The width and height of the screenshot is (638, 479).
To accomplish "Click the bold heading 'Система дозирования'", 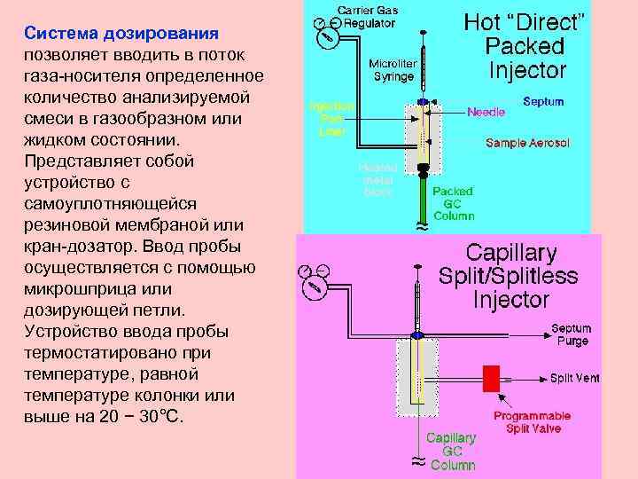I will coord(121,34).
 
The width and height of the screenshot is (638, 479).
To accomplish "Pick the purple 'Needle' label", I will coord(486,113).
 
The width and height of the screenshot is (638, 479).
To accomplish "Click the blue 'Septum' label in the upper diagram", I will coord(543,102).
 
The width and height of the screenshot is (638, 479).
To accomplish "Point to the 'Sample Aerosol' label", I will coord(527,143).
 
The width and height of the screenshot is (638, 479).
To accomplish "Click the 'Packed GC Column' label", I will coord(453,203).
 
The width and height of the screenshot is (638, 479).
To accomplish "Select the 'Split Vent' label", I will coord(574,378).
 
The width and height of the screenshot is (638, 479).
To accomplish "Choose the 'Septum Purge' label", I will coord(571,334).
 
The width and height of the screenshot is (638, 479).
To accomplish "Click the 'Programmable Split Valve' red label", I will coord(532,421).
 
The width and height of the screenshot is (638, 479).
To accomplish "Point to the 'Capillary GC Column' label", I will coord(452,451).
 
